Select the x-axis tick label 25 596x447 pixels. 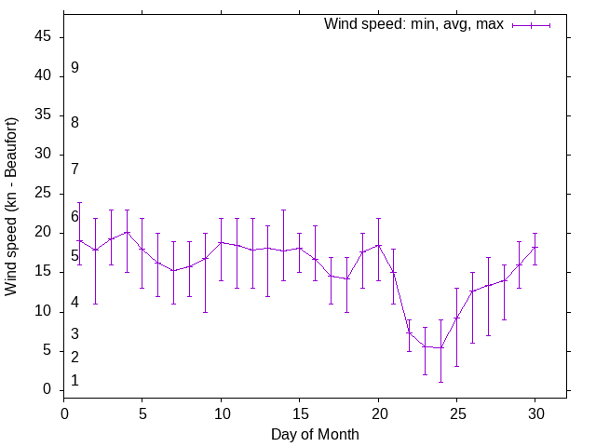pyautogui.click(x=457, y=413)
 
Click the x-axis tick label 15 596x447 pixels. pyautogui.click(x=300, y=413)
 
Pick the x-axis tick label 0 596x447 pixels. pyautogui.click(x=64, y=413)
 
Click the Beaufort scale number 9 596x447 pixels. pyautogui.click(x=74, y=67)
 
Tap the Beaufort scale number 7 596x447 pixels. pyautogui.click(x=74, y=169)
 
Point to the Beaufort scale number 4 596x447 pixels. pyautogui.click(x=74, y=303)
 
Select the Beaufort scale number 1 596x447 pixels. pyautogui.click(x=74, y=380)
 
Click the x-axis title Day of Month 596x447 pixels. pyautogui.click(x=315, y=434)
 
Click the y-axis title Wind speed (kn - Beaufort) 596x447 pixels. pyautogui.click(x=12, y=207)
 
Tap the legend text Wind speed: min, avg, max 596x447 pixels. pyautogui.click(x=413, y=24)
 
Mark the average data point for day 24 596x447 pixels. pyautogui.click(x=441, y=347)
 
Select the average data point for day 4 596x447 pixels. pyautogui.click(x=127, y=232)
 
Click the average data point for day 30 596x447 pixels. pyautogui.click(x=535, y=247)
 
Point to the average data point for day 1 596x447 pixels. pyautogui.click(x=80, y=240)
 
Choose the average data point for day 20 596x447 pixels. pyautogui.click(x=378, y=245)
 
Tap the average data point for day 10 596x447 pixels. pyautogui.click(x=221, y=242)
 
